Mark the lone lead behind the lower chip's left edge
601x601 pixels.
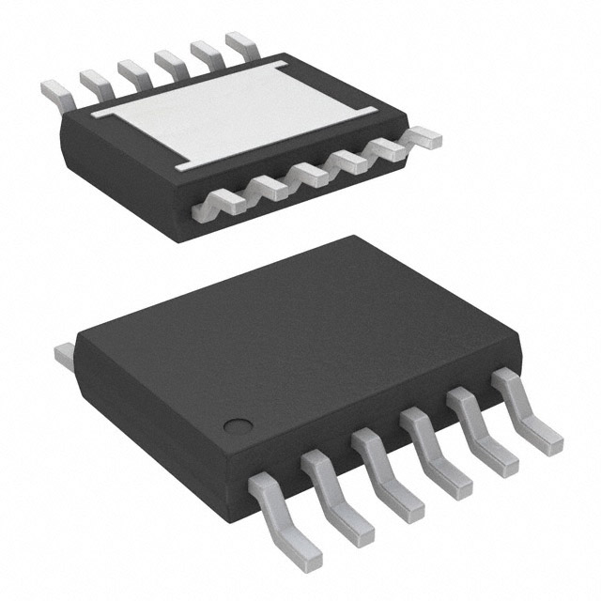point(65,355)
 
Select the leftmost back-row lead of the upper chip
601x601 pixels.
point(55,91)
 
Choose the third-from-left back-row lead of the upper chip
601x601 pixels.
point(131,70)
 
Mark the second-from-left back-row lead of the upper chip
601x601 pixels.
point(93,81)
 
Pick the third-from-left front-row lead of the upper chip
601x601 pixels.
point(308,173)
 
